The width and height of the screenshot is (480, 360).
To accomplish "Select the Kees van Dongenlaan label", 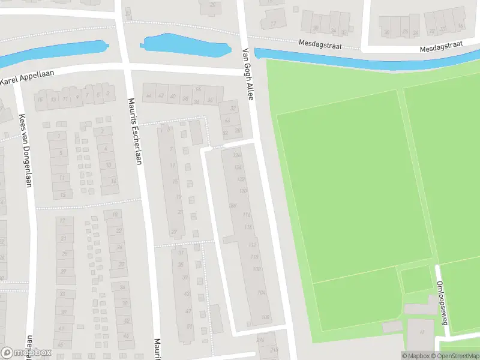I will (25, 150).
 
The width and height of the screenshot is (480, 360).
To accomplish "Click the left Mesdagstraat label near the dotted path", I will (319, 43).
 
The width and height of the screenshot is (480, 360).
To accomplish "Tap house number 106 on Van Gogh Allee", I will (265, 317).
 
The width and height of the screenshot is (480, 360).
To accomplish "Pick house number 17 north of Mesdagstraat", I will (274, 24).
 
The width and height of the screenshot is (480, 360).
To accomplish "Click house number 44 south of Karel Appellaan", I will (148, 95).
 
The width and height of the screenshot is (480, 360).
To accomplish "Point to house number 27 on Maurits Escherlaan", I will (175, 232).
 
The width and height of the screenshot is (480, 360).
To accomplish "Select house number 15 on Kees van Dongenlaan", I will (63, 194).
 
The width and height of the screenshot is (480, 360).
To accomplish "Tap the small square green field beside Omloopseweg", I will (416, 279).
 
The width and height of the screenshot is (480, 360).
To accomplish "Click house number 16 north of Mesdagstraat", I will (460, 26).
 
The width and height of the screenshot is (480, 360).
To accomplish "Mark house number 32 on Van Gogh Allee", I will (233, 109).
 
